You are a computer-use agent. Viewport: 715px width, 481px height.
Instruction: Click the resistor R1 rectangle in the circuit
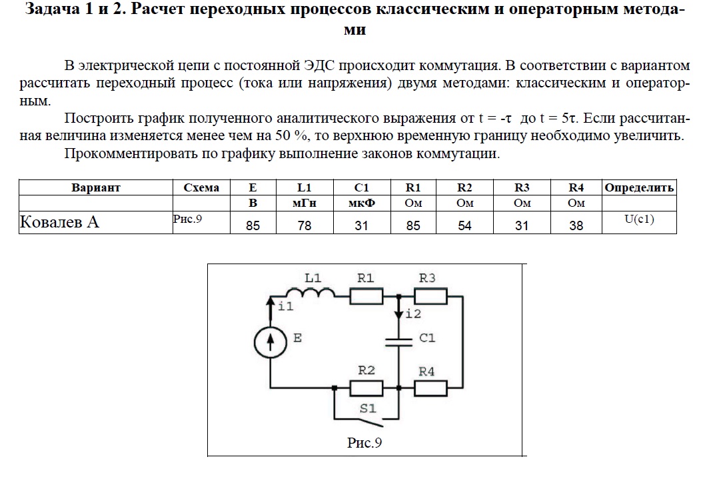[366, 296]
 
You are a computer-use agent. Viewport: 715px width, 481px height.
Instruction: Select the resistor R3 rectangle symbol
[430, 296]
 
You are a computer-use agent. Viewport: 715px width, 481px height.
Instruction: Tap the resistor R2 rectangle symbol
[366, 388]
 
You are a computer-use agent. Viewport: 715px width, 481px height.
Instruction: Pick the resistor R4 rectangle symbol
[430, 388]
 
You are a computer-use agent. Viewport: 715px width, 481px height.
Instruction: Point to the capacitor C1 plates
[398, 342]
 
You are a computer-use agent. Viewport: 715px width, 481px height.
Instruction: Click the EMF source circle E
[271, 342]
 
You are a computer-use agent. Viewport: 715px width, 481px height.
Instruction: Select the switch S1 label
[368, 408]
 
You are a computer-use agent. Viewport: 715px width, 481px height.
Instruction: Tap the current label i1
[286, 306]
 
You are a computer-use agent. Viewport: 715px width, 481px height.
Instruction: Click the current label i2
[413, 314]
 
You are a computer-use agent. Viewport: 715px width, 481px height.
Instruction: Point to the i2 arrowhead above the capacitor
[398, 314]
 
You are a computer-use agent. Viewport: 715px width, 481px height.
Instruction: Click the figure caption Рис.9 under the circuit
[364, 443]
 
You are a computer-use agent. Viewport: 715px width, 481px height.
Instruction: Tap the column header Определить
[639, 187]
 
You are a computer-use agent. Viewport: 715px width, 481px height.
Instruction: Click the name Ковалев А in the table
[59, 222]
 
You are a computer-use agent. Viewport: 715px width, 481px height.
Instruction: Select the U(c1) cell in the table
[639, 219]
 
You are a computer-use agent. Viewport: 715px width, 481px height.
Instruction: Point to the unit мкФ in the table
[362, 203]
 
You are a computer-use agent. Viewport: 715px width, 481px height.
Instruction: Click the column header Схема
[201, 187]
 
